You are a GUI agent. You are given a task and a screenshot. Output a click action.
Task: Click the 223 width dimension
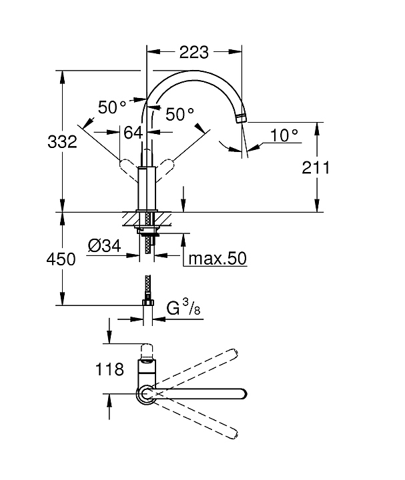click(193, 53)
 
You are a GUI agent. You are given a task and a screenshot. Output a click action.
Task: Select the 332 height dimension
click(62, 142)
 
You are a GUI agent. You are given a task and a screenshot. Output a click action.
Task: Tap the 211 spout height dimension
click(316, 168)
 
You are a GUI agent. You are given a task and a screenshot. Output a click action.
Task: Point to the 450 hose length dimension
click(61, 259)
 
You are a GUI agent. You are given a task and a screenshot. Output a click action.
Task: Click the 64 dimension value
click(133, 133)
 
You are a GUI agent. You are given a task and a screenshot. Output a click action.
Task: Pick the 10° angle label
click(284, 135)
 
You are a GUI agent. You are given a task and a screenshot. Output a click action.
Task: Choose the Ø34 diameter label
click(105, 246)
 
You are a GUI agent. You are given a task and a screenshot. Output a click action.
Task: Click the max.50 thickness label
click(218, 259)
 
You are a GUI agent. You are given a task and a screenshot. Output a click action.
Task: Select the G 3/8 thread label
click(183, 307)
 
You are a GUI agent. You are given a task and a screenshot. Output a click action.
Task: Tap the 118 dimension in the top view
click(109, 369)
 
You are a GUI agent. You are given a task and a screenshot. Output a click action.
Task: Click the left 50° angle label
click(112, 107)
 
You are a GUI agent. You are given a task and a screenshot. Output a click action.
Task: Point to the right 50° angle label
click(180, 114)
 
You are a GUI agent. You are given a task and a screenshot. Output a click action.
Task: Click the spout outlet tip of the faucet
click(242, 118)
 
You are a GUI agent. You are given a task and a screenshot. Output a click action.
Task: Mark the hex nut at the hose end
click(148, 303)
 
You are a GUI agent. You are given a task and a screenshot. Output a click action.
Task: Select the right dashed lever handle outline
click(165, 170)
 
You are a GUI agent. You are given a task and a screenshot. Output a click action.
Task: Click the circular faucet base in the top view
click(146, 393)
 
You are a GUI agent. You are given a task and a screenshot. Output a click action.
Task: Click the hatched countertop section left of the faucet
click(131, 219)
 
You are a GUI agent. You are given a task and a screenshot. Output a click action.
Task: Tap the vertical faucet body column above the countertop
click(147, 189)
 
